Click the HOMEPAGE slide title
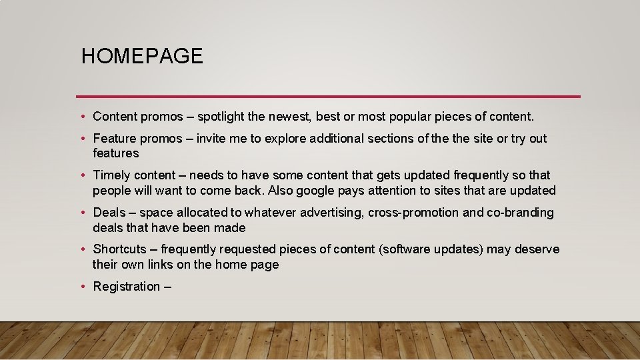pos(142,56)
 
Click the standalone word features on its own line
pos(116,153)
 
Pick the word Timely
pos(111,175)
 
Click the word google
pos(317,191)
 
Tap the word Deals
pos(109,213)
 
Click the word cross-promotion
pos(407,213)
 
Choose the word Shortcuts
pos(119,249)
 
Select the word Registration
pos(127,287)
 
